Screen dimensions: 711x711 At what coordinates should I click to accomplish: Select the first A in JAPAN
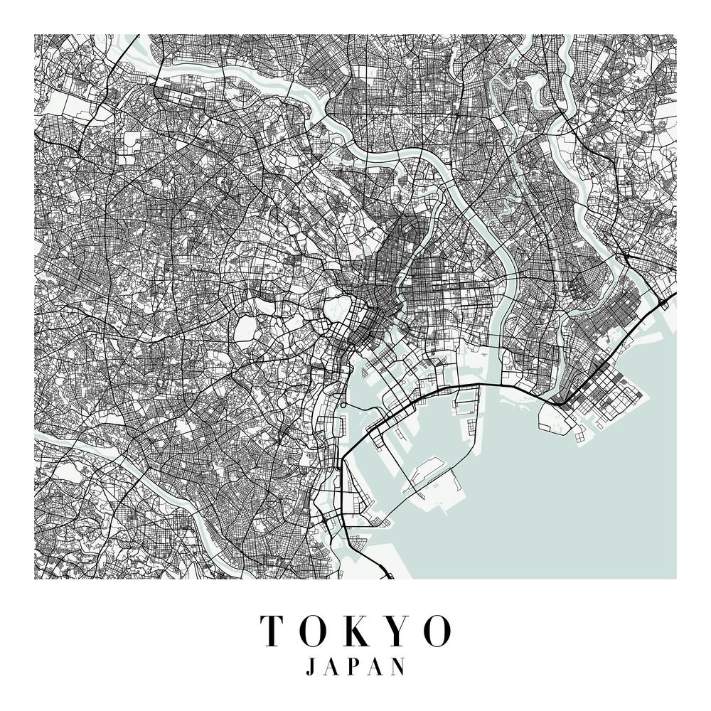coord(332,666)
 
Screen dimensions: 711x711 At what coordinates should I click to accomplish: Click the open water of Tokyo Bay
coord(569,498)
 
